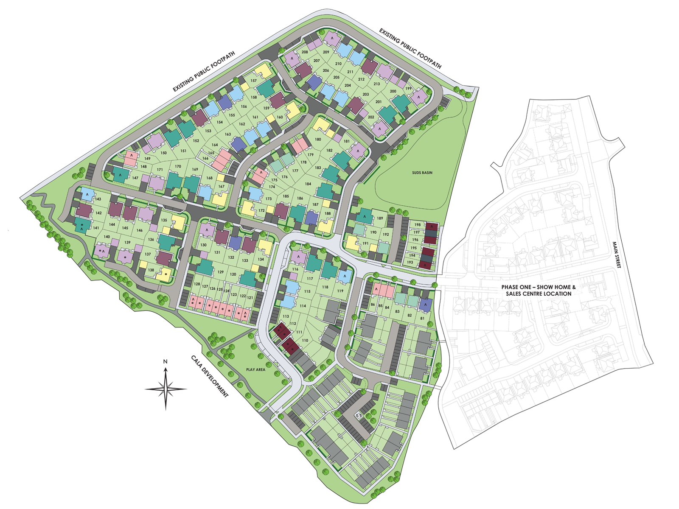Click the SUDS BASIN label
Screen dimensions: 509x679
pyautogui.click(x=422, y=173)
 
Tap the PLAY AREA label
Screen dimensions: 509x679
pyautogui.click(x=255, y=369)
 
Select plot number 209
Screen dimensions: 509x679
pyautogui.click(x=326, y=52)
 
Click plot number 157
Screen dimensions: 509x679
pyautogui.click(x=254, y=81)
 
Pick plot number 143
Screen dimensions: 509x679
pyautogui.click(x=98, y=199)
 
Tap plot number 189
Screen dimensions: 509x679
pyautogui.click(x=380, y=218)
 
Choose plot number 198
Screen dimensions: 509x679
pyautogui.click(x=417, y=225)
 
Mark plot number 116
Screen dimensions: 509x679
pyautogui.click(x=295, y=269)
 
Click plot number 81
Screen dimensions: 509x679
pyautogui.click(x=422, y=318)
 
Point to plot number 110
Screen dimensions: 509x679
pyautogui.click(x=305, y=341)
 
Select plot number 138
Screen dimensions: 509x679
pyautogui.click(x=151, y=270)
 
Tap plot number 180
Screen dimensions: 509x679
pyautogui.click(x=318, y=140)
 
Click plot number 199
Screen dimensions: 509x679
pyautogui.click(x=409, y=89)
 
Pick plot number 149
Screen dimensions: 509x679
pyautogui.click(x=147, y=159)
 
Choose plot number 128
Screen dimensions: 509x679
pyautogui.click(x=197, y=284)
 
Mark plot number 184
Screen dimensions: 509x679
pyautogui.click(x=308, y=184)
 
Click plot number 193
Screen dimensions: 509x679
pyautogui.click(x=410, y=263)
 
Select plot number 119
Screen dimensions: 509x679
pyautogui.click(x=340, y=291)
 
